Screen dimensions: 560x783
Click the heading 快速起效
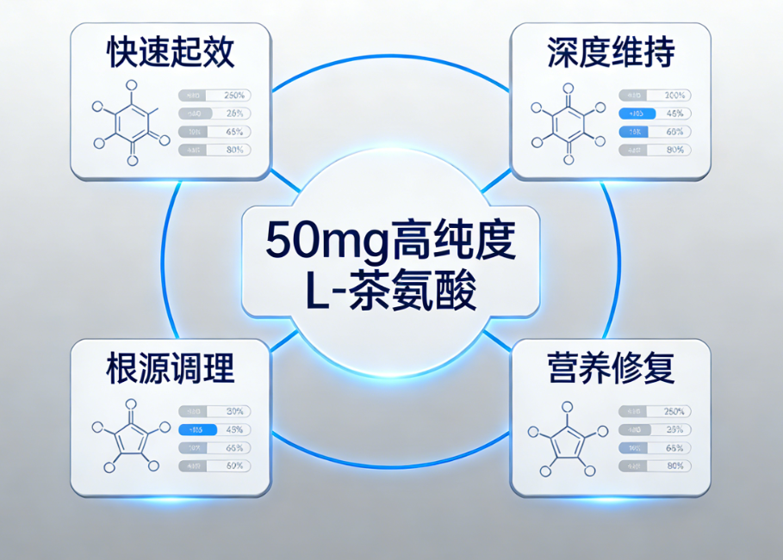[171, 53]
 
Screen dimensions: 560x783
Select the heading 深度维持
[611, 53]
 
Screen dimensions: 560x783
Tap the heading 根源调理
[171, 369]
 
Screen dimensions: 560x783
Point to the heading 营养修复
[611, 369]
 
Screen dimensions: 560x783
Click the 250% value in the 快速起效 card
[235, 95]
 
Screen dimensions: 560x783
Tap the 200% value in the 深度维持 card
[674, 95]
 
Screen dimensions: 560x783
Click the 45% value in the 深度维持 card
[675, 114]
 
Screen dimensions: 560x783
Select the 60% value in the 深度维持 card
[675, 132]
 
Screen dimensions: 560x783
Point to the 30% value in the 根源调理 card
[235, 411]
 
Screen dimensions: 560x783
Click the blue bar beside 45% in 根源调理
[197, 429]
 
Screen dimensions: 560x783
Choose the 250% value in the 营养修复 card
[674, 411]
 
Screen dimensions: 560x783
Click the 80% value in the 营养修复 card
[675, 465]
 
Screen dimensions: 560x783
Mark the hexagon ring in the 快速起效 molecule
[131, 124]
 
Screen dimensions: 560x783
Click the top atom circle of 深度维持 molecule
[569, 88]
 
